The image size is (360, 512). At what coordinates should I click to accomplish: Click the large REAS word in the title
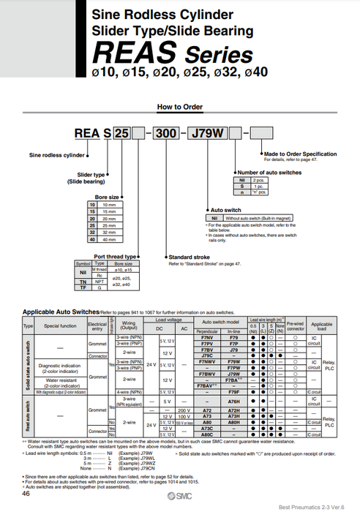click(x=126, y=53)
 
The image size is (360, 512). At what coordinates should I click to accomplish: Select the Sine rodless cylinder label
click(x=58, y=155)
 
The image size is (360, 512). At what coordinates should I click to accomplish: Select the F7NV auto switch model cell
click(x=206, y=338)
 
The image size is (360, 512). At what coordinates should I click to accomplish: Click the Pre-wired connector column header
click(x=295, y=323)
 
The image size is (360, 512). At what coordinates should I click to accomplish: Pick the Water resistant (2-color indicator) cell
click(x=59, y=383)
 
